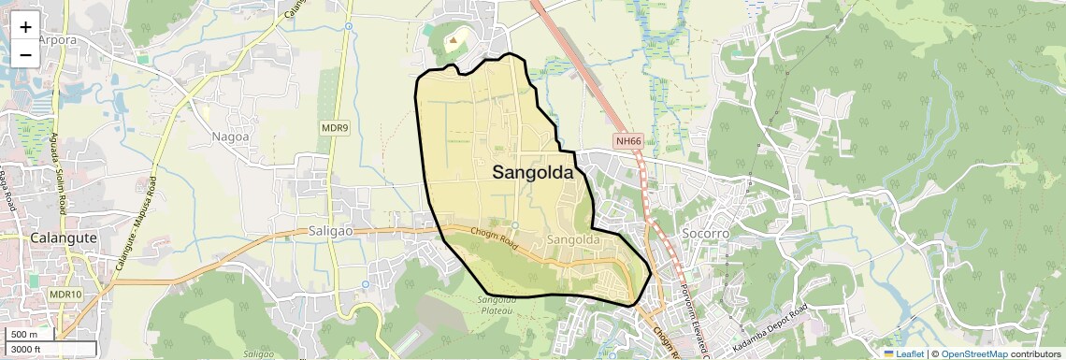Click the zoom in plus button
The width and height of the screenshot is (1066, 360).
point(25,27)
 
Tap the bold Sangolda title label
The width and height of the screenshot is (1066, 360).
point(532,172)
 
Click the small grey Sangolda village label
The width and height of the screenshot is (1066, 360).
point(572,240)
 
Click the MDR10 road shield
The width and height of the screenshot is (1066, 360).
point(65,295)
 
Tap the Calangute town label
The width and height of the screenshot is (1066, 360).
point(63,238)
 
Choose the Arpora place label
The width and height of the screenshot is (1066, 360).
point(57,40)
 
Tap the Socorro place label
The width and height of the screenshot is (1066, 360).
point(706,232)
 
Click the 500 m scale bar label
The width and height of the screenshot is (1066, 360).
point(24,335)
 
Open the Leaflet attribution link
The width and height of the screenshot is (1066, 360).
point(903,353)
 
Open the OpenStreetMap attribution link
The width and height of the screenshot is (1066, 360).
point(973,353)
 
